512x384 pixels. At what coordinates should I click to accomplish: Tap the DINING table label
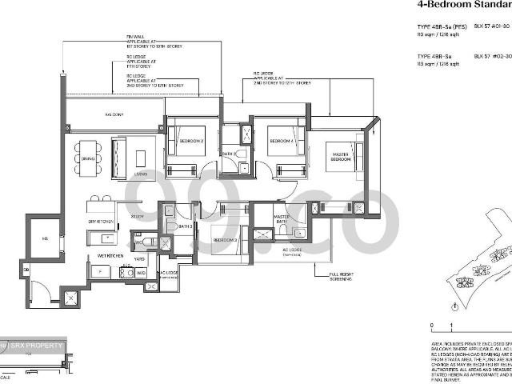click(87, 159)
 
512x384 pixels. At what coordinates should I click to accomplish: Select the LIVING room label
click(141, 174)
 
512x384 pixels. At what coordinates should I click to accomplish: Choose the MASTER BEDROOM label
click(341, 157)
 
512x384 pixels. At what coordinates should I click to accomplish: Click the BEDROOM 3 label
click(224, 239)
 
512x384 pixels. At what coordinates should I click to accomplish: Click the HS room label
click(45, 238)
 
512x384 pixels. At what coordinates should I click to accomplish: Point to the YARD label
click(139, 259)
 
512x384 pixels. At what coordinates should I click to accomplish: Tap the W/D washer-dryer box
click(141, 274)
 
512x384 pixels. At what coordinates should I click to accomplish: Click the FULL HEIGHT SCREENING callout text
click(344, 278)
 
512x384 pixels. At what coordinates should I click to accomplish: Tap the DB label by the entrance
click(27, 270)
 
